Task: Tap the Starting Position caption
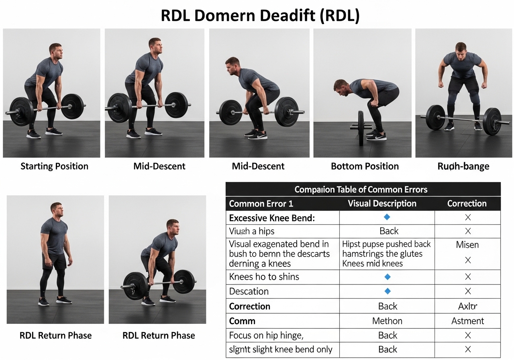pos(54,166)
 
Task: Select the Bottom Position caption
pos(365,166)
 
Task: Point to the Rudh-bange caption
pos(463,166)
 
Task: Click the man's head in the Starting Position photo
pos(55,51)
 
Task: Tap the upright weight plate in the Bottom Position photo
pos(361,128)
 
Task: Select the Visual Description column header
pos(382,203)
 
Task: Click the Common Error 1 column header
pos(261,203)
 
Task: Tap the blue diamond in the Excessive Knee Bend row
pos(387,217)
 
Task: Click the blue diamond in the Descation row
pos(387,290)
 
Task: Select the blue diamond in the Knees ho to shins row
pos(387,277)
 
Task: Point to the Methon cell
pos(387,321)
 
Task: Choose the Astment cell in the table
pos(467,321)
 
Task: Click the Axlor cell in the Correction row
pos(467,306)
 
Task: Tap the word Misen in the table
pos(467,245)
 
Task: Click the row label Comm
pos(242,321)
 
